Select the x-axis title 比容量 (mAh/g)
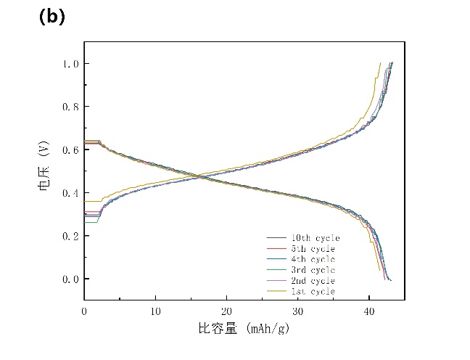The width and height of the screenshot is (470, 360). pyautogui.click(x=244, y=329)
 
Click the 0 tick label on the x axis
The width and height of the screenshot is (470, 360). pyautogui.click(x=84, y=311)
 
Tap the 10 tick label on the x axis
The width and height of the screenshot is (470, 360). pyautogui.click(x=155, y=311)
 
